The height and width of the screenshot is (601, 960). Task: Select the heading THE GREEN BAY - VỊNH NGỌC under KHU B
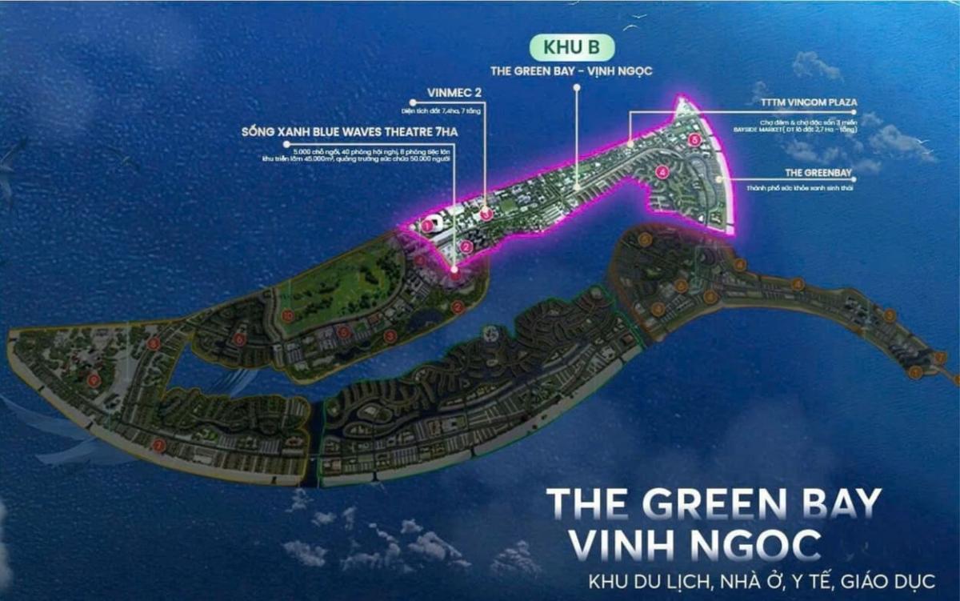pyautogui.click(x=572, y=71)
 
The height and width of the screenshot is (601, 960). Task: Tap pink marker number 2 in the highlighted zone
pyautogui.click(x=466, y=246)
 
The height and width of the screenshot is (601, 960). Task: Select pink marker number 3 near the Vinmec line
pyautogui.click(x=486, y=214)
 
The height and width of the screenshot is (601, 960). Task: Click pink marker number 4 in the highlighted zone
pyautogui.click(x=662, y=171)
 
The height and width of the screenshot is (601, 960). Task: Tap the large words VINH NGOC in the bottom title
pyautogui.click(x=693, y=544)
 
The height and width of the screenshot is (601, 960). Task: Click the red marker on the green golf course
pyautogui.click(x=287, y=316)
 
